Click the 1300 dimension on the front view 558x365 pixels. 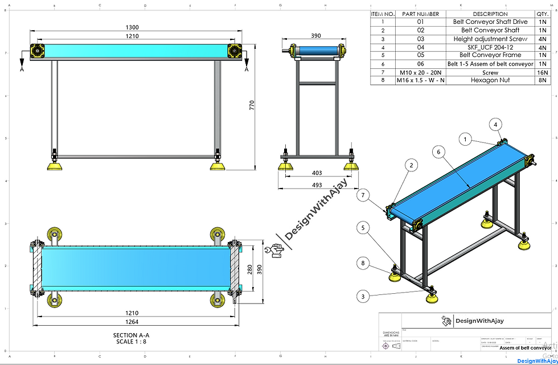point(132,27)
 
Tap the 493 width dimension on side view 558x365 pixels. point(317,185)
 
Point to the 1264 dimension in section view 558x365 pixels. point(132,322)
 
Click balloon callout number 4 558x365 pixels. point(495,124)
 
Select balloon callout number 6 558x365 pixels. point(438,152)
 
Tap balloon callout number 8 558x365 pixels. point(362,263)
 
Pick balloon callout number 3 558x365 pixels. point(362,296)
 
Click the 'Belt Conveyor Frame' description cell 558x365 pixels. point(490,55)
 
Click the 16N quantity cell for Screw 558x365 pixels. point(543,73)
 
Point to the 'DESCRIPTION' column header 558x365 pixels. point(490,14)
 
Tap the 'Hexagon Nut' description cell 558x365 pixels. point(490,80)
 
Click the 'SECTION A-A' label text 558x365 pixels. point(132,335)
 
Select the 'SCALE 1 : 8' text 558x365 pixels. point(132,342)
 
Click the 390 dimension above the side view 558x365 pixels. point(316,35)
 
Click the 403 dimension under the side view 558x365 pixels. point(317,173)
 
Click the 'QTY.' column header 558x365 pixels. point(543,14)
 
